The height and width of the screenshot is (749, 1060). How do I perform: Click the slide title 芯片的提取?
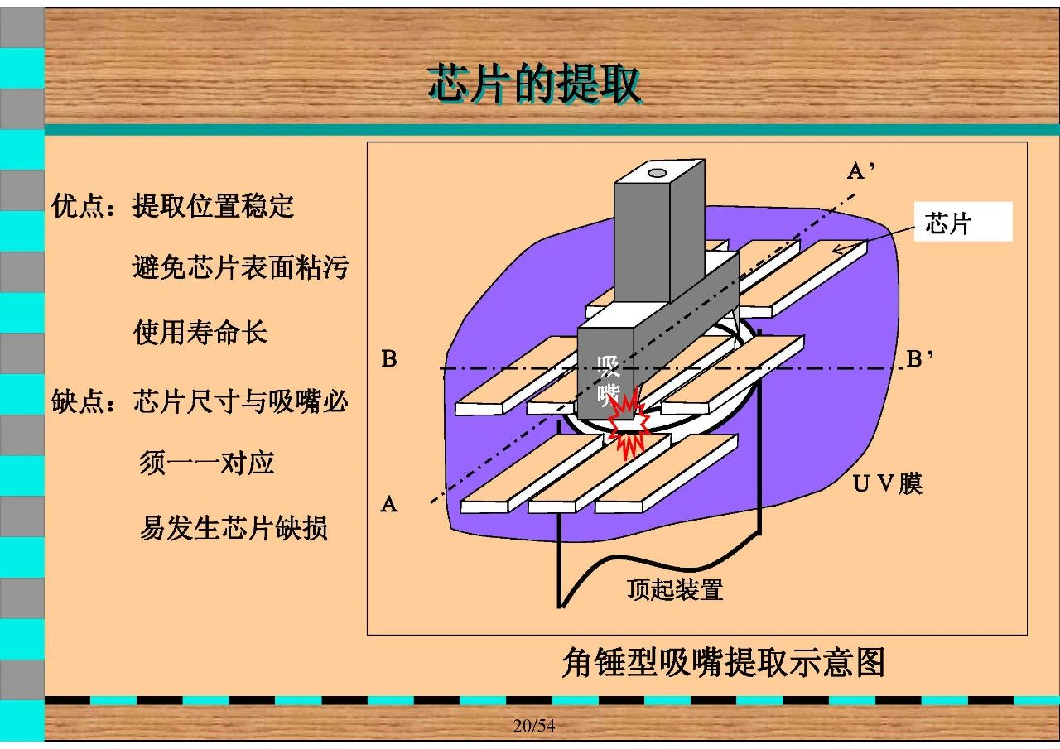coord(535,84)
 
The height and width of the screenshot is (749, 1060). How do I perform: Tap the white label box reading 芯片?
coord(963,222)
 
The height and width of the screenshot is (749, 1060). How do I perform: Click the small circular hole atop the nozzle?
coord(657,173)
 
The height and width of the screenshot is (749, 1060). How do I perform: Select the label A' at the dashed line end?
coord(860,170)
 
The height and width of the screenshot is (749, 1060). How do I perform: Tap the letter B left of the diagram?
coord(389,358)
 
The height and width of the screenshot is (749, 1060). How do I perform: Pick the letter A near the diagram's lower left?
coord(389,504)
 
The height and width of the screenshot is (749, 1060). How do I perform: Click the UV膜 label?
coord(887,483)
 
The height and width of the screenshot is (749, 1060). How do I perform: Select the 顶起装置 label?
coord(675,589)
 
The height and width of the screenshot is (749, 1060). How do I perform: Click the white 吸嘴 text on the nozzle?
coord(608,381)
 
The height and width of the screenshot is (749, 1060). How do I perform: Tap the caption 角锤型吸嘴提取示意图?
coord(723,662)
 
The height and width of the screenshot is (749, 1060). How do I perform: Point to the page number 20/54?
coord(534,725)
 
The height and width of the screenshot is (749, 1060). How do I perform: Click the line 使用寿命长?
coord(200,332)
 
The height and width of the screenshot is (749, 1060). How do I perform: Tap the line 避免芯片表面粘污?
coord(241,266)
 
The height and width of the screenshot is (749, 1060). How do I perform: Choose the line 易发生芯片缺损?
coord(234,528)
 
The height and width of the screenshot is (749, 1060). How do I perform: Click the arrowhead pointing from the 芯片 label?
coord(839,249)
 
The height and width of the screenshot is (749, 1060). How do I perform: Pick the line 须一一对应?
coord(207,463)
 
